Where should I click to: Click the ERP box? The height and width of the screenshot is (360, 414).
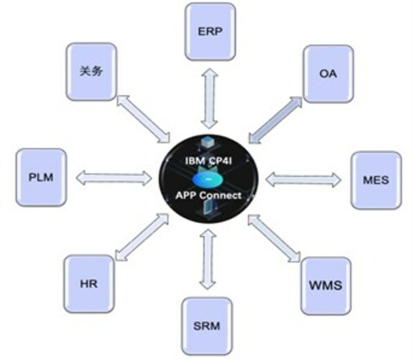pyautogui.click(x=210, y=32)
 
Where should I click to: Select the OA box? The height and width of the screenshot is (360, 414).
pyautogui.click(x=328, y=74)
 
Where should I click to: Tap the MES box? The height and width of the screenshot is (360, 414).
pyautogui.click(x=376, y=180)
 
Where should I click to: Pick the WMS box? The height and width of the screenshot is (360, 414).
pyautogui.click(x=326, y=286)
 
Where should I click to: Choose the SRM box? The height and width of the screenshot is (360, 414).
pyautogui.click(x=207, y=326)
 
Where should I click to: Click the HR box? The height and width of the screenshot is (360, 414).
pyautogui.click(x=89, y=284)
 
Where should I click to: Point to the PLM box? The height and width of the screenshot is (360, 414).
pyautogui.click(x=41, y=178)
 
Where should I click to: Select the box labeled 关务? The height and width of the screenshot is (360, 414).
pyautogui.click(x=91, y=72)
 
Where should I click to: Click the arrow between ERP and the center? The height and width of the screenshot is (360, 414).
pyautogui.click(x=209, y=98)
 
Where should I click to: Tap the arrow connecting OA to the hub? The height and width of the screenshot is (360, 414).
pyautogui.click(x=275, y=120)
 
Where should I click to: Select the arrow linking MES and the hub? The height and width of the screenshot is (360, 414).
pyautogui.click(x=303, y=180)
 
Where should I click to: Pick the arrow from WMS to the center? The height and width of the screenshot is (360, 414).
pyautogui.click(x=274, y=238)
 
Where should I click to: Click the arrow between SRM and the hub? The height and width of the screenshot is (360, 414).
pyautogui.click(x=208, y=259)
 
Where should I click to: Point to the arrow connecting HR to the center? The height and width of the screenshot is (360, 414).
pyautogui.click(x=142, y=237)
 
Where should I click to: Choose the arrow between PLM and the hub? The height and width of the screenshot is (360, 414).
pyautogui.click(x=114, y=178)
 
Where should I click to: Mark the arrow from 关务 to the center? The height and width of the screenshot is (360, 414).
pyautogui.click(x=143, y=119)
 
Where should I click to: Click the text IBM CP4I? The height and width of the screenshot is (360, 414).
pyautogui.click(x=209, y=161)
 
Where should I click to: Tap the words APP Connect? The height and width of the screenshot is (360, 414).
pyautogui.click(x=208, y=196)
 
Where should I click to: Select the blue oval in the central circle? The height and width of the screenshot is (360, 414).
pyautogui.click(x=208, y=179)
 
